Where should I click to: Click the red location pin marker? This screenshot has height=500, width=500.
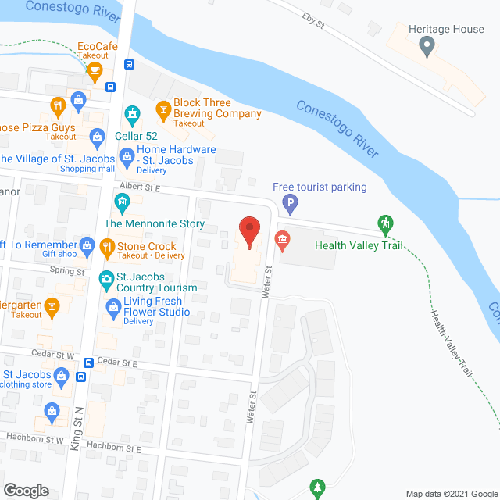[249, 232]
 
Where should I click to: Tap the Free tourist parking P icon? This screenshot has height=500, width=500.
[291, 205]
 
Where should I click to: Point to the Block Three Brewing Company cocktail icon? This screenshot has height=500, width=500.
[162, 109]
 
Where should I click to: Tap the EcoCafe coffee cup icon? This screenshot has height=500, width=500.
[95, 73]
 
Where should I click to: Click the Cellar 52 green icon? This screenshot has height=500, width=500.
[133, 115]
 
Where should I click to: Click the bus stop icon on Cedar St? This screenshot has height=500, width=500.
[89, 363]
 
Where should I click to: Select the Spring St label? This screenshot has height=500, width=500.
[67, 271]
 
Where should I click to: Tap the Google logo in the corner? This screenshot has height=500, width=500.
[26, 491]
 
